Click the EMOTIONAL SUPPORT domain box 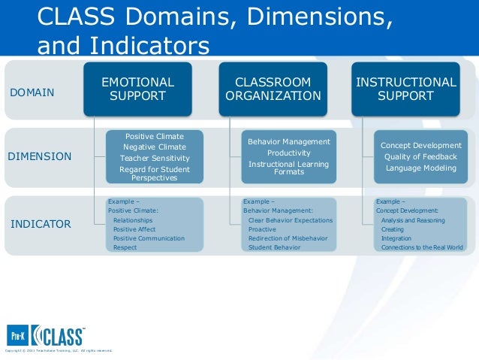(x=137, y=89)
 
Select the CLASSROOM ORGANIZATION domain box (x=273, y=89)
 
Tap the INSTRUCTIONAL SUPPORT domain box (x=405, y=89)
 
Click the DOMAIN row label (x=32, y=92)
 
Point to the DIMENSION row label (x=39, y=157)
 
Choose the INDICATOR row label (x=41, y=224)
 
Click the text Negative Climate (x=154, y=147)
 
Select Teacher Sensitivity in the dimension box (x=154, y=159)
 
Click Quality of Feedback (x=420, y=156)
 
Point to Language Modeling (x=420, y=168)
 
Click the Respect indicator (x=125, y=247)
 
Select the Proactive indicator (x=262, y=229)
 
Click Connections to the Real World (x=422, y=247)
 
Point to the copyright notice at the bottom (x=59, y=351)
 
